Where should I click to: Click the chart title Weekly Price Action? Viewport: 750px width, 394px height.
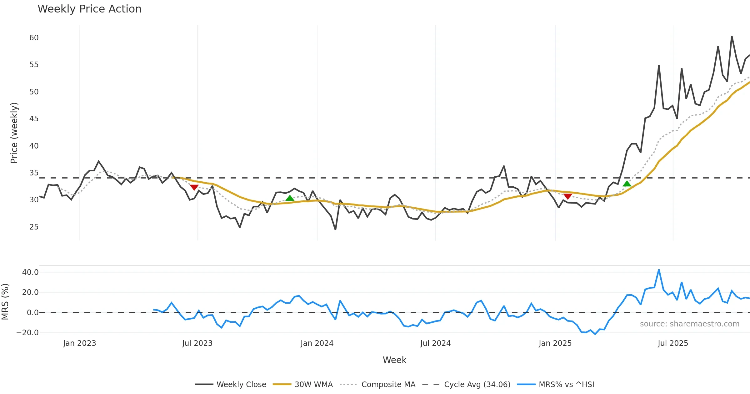pyautogui.click(x=89, y=9)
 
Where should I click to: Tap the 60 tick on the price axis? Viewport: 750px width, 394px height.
pyautogui.click(x=34, y=38)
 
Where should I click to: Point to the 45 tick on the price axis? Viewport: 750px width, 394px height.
pyautogui.click(x=34, y=119)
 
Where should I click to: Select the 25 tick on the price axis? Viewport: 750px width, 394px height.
pyautogui.click(x=34, y=227)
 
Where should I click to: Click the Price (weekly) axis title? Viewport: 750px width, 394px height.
pyautogui.click(x=14, y=133)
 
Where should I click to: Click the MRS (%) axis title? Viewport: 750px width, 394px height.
pyautogui.click(x=5, y=302)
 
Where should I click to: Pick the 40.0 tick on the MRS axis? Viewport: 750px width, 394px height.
pyautogui.click(x=30, y=272)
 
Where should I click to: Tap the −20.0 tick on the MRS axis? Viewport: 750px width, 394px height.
pyautogui.click(x=27, y=333)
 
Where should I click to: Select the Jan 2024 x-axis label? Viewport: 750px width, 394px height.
pyautogui.click(x=317, y=343)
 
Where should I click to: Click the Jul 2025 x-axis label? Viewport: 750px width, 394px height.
pyautogui.click(x=673, y=343)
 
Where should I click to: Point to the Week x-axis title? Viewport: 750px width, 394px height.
pyautogui.click(x=394, y=360)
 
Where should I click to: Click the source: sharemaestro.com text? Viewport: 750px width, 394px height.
pyautogui.click(x=689, y=324)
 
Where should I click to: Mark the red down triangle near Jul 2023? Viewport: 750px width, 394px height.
pyautogui.click(x=194, y=187)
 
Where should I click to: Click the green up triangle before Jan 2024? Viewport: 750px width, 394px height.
pyautogui.click(x=290, y=198)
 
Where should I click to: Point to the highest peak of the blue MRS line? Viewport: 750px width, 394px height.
pyautogui.click(x=659, y=270)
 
